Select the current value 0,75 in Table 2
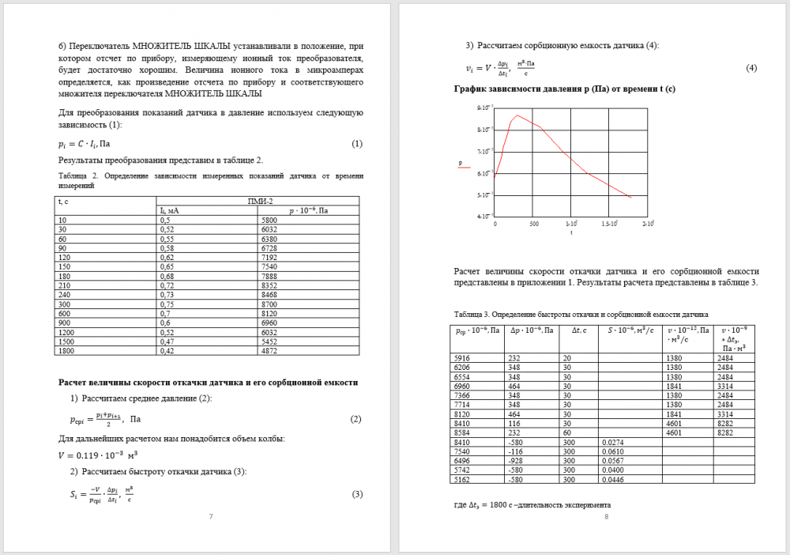[x=166, y=304]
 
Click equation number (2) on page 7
[x=355, y=418]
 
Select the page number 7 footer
[x=210, y=516]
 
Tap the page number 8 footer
[x=606, y=516]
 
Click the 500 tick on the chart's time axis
[x=534, y=224]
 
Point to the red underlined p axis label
[x=461, y=164]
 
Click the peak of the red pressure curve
[x=517, y=116]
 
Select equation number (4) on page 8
[x=751, y=68]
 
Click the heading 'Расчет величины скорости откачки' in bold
[x=209, y=382]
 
